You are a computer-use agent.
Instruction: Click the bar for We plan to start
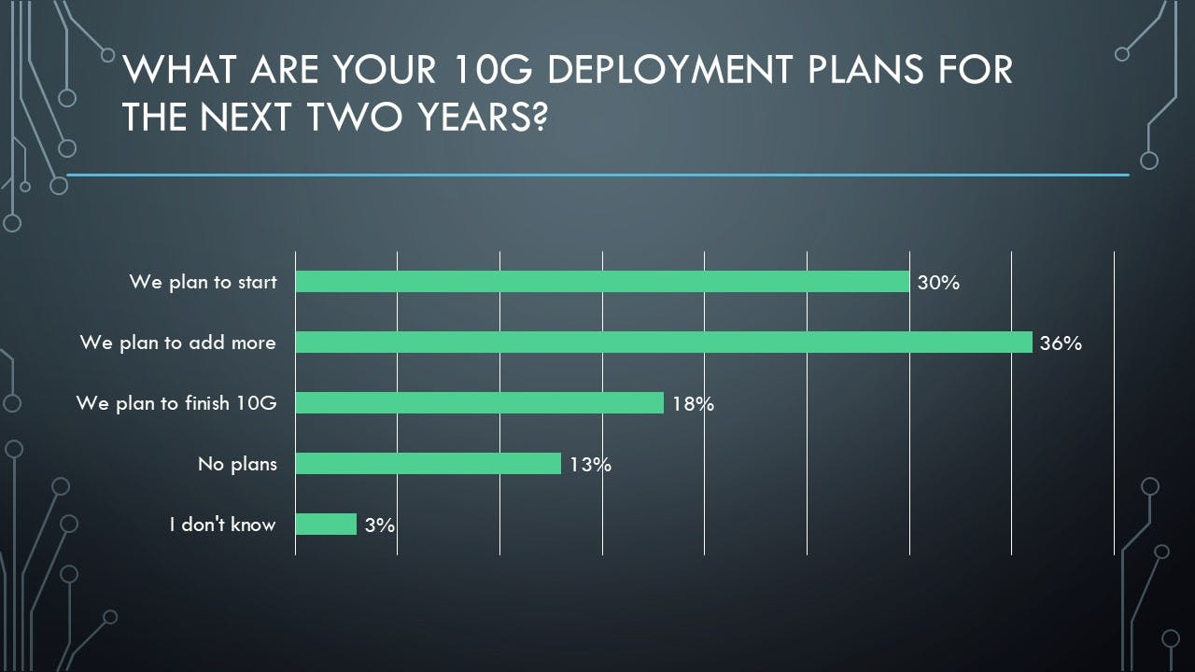click(602, 282)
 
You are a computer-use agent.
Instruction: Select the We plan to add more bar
click(664, 343)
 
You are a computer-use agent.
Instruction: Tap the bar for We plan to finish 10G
click(479, 403)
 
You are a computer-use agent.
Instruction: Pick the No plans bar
click(428, 464)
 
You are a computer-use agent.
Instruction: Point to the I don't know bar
click(326, 525)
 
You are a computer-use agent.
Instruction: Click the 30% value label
click(938, 283)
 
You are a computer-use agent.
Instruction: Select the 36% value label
click(1061, 343)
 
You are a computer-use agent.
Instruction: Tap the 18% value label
click(693, 404)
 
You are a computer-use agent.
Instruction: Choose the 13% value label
click(590, 465)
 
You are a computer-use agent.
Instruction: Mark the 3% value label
click(380, 525)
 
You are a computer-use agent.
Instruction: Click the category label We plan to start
click(204, 282)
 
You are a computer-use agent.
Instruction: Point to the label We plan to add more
click(178, 343)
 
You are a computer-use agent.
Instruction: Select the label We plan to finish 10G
click(176, 403)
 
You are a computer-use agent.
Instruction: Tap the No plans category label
click(237, 464)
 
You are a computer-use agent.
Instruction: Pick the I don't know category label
click(222, 525)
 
